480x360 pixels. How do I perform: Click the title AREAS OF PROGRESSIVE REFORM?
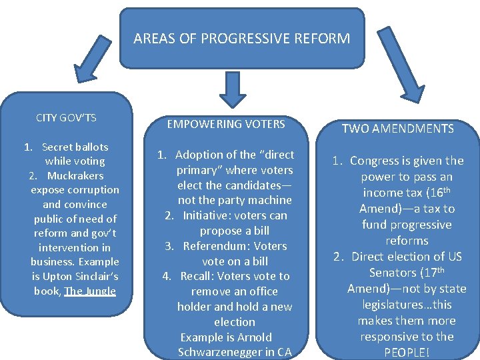241,38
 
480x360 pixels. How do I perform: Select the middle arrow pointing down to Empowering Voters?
233,89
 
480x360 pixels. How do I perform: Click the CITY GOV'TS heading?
66,118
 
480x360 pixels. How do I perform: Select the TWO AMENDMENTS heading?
398,129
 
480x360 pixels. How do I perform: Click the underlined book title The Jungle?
90,291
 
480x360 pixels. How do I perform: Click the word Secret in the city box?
57,147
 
